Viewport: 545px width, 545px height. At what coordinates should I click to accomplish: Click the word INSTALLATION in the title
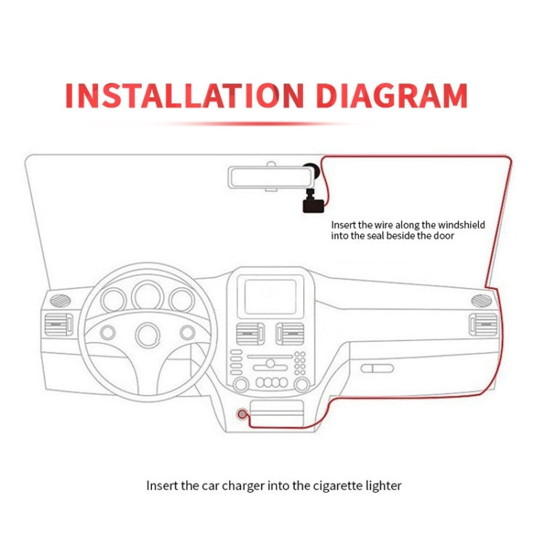point(182,96)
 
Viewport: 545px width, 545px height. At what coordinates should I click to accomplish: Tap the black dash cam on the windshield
point(311,201)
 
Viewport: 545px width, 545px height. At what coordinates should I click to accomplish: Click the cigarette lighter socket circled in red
point(241,414)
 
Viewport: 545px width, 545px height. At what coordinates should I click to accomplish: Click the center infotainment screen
point(270,296)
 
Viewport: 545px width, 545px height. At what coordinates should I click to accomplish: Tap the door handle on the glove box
point(377,368)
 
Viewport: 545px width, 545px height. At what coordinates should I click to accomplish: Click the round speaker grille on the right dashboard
point(480,300)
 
